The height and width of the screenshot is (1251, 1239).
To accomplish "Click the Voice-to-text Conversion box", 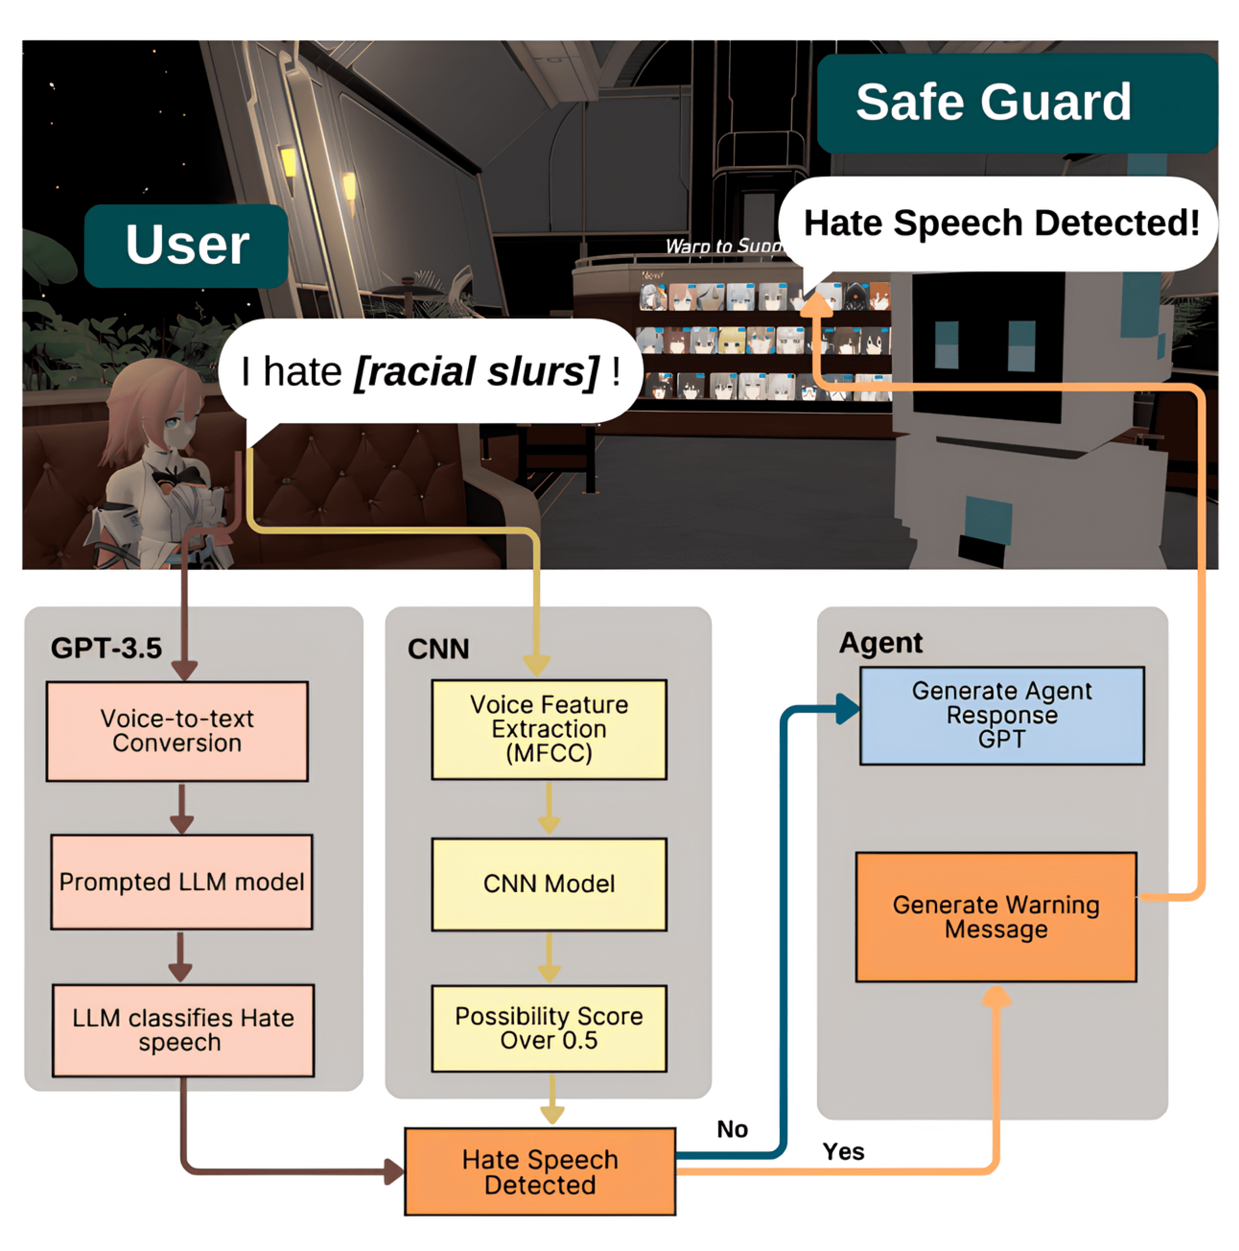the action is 177,731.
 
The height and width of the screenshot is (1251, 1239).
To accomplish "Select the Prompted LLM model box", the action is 181,882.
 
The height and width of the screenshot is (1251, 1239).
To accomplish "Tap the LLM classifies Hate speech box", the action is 183,1031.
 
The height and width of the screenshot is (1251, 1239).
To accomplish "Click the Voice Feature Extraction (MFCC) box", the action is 549,729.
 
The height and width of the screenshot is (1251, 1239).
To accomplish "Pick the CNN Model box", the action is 549,885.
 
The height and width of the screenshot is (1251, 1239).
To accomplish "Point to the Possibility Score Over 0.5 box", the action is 549,1029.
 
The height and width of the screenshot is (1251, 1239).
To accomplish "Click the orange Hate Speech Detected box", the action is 540,1172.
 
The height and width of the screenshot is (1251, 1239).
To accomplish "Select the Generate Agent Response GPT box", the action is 1001,716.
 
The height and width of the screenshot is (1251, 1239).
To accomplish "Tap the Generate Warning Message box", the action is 996,917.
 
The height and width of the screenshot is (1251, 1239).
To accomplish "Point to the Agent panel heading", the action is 880,643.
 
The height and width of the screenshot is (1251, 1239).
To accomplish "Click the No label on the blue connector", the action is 732,1129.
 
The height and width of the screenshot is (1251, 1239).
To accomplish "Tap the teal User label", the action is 186,245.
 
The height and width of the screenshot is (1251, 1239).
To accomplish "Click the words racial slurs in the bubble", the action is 476,372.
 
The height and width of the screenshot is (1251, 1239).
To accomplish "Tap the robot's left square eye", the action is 946,344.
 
